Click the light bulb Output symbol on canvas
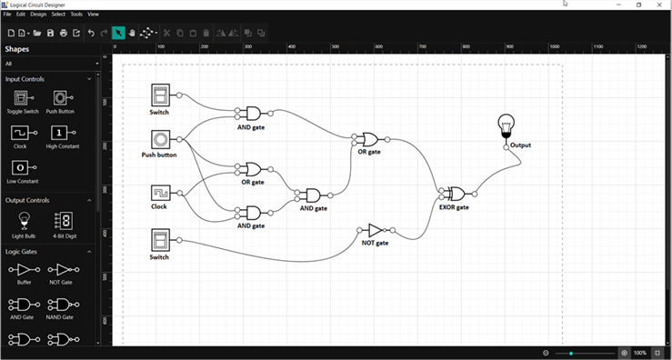506,127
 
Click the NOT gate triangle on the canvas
375,230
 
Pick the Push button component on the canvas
160,139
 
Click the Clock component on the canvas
160,193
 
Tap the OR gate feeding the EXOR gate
369,139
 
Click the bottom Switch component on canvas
160,240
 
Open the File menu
7,15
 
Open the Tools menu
76,15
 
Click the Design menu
38,15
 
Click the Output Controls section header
27,200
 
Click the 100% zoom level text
639,353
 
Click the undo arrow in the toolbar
91,33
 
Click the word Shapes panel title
16,49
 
